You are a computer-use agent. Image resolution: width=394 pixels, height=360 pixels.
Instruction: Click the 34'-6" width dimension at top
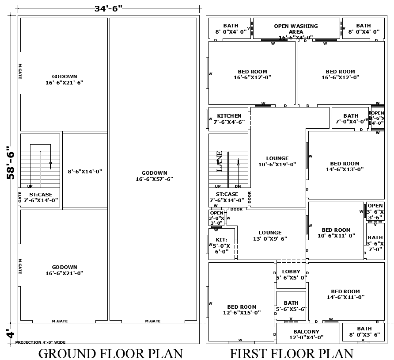pos(108,8)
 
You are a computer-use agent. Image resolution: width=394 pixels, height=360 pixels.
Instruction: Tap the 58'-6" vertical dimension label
pos(11,162)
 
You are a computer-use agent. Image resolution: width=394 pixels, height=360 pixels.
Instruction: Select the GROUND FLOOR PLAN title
pos(110,353)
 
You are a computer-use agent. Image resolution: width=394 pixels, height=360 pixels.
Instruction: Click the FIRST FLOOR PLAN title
pos(292,353)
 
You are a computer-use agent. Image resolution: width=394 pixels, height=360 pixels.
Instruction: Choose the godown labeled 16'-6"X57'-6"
pos(154,176)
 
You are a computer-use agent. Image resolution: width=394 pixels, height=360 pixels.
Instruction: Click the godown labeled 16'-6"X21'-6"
pos(64,79)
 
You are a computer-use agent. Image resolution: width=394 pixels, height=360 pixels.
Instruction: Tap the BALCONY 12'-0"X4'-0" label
pos(306,334)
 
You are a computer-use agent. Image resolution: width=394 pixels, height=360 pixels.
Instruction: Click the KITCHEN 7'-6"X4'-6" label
pos(229,119)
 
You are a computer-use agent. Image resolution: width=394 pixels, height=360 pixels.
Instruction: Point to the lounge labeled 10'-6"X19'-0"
pos(277,161)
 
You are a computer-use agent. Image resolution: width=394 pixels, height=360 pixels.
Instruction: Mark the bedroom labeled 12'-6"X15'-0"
pos(242,310)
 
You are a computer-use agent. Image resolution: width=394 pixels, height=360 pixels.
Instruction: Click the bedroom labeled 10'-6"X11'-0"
pos(336,233)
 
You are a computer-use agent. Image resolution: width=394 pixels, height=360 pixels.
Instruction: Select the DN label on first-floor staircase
pos(238,186)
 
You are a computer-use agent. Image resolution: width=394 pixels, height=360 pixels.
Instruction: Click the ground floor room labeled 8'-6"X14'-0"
pos(85,171)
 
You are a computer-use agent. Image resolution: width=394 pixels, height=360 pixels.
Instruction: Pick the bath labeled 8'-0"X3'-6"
pos(364,332)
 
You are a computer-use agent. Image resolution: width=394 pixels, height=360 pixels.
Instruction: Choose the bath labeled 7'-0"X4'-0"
pos(351,119)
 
